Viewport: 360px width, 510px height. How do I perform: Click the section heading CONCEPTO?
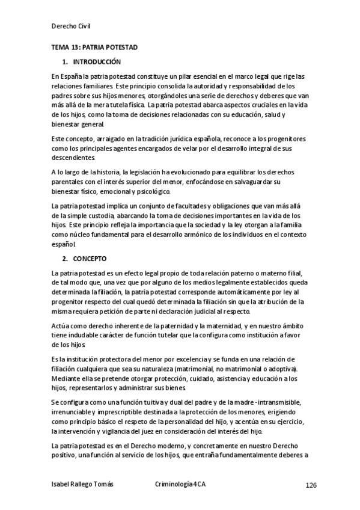(90, 259)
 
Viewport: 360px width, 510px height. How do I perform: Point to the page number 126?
(311, 485)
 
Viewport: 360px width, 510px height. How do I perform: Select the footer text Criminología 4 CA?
(180, 485)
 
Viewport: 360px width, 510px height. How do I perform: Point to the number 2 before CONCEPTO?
(64, 259)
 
